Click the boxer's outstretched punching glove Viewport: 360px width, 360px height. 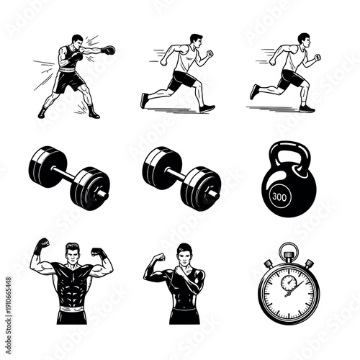(x=109, y=50)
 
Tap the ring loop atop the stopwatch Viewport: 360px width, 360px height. (x=288, y=249)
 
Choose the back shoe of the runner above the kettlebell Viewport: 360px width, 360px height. (x=254, y=91)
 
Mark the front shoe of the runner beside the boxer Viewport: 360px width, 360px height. (x=207, y=108)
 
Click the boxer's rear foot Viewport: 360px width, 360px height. (x=42, y=112)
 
